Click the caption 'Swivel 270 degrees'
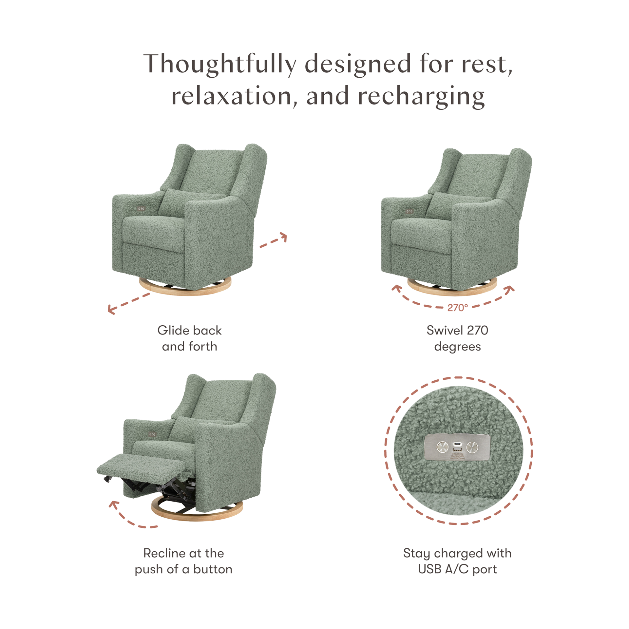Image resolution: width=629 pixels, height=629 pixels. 457,338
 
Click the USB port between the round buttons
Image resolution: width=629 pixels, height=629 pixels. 457,447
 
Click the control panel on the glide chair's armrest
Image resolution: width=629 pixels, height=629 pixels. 142,207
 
